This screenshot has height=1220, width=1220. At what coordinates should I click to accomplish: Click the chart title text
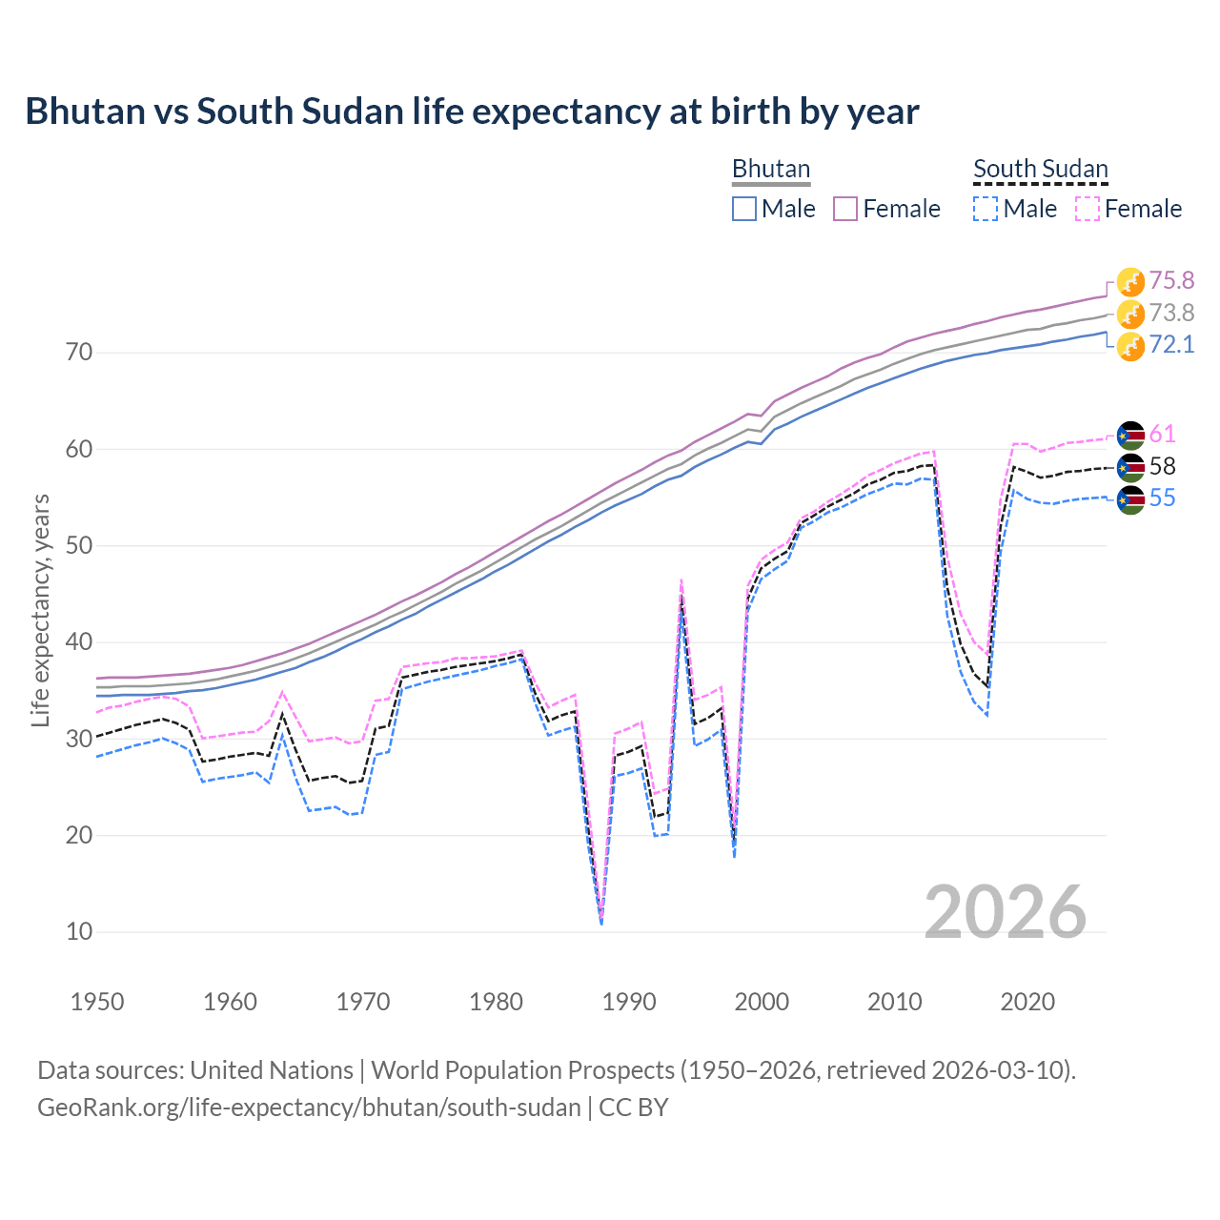tap(472, 112)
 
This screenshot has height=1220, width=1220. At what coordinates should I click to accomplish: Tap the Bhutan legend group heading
tap(770, 169)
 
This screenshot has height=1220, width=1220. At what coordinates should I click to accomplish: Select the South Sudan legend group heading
tap(1040, 169)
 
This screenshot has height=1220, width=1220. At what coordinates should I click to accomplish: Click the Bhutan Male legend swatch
tap(744, 209)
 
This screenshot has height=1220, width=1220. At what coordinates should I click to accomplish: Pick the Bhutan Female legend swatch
tap(845, 209)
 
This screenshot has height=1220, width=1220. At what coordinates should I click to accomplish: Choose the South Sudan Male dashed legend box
tap(986, 209)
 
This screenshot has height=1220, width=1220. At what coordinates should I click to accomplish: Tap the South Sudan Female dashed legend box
tap(1088, 209)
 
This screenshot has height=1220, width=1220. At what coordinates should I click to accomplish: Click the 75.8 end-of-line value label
tap(1171, 280)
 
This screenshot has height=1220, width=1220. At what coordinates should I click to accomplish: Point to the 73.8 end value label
tap(1171, 313)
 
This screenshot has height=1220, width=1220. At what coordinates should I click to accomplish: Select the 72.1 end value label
tap(1171, 345)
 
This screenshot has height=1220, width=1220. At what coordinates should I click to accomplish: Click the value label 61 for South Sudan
tap(1162, 435)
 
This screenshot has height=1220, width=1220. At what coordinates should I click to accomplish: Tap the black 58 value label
tap(1162, 467)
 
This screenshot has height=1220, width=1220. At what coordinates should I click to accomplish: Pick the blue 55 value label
tap(1162, 498)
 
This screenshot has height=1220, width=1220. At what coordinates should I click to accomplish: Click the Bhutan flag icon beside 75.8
tap(1130, 282)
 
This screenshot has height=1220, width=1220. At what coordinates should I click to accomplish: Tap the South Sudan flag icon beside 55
tap(1130, 499)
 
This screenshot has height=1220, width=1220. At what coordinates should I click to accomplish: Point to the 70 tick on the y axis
tap(79, 353)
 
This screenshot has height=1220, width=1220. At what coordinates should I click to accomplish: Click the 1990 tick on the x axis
tap(629, 1002)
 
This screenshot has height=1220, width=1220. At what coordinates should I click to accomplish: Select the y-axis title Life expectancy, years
tap(41, 610)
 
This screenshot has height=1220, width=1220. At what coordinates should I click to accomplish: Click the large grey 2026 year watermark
tap(1006, 912)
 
